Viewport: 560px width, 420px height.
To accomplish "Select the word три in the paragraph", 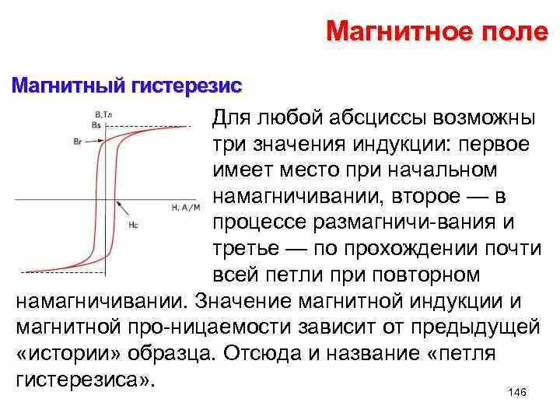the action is point(229,146).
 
